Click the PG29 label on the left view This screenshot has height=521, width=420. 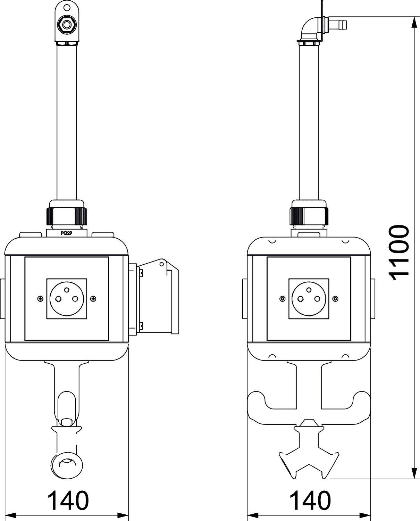66,233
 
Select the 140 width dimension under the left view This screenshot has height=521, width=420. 68,501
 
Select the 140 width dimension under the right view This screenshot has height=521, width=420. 310,501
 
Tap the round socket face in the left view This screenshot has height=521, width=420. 66,298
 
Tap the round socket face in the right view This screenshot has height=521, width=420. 309,298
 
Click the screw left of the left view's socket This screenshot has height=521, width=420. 41,298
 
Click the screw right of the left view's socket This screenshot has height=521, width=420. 93,298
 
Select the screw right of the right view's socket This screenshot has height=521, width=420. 335,298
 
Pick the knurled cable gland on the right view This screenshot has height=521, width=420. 309,216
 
